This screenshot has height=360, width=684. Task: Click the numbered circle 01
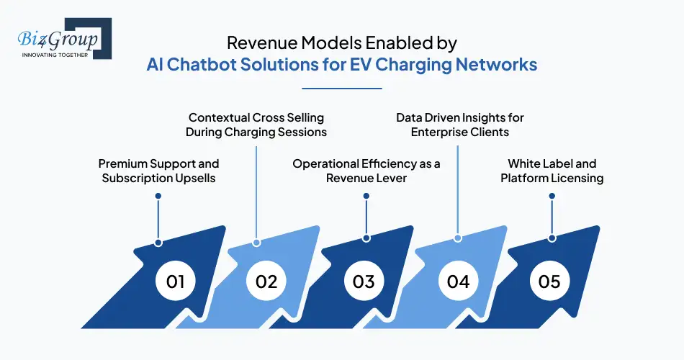click(176, 280)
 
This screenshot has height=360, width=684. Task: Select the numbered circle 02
click(266, 280)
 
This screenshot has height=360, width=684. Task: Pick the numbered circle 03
click(364, 280)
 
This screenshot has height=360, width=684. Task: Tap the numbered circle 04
click(458, 280)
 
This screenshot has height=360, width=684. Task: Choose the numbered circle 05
click(549, 280)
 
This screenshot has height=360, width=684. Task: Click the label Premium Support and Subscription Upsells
click(158, 171)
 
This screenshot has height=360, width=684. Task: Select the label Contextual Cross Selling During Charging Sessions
click(256, 125)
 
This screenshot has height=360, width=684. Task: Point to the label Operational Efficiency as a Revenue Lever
click(366, 171)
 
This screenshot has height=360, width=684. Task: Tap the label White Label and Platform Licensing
click(552, 171)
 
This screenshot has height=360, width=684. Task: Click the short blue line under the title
click(341, 89)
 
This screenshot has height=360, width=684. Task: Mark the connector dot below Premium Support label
click(158, 242)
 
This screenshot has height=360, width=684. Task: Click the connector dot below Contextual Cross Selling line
click(256, 242)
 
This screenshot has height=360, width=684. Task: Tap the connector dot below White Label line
click(552, 238)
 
